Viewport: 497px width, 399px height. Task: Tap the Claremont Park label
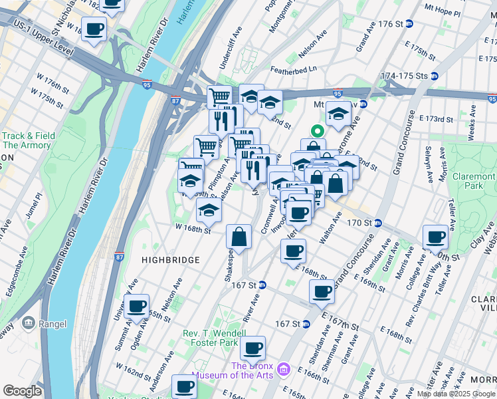474,182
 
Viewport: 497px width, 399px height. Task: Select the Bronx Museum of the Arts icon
284,368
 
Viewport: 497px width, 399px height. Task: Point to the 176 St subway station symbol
409,24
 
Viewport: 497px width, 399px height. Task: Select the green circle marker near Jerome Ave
318,131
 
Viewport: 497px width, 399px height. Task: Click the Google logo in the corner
22,390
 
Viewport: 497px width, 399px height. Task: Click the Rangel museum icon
29,324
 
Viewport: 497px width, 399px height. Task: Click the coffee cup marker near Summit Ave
137,307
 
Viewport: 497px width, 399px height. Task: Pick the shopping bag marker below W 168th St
239,237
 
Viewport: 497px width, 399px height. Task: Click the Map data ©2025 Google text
455,394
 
